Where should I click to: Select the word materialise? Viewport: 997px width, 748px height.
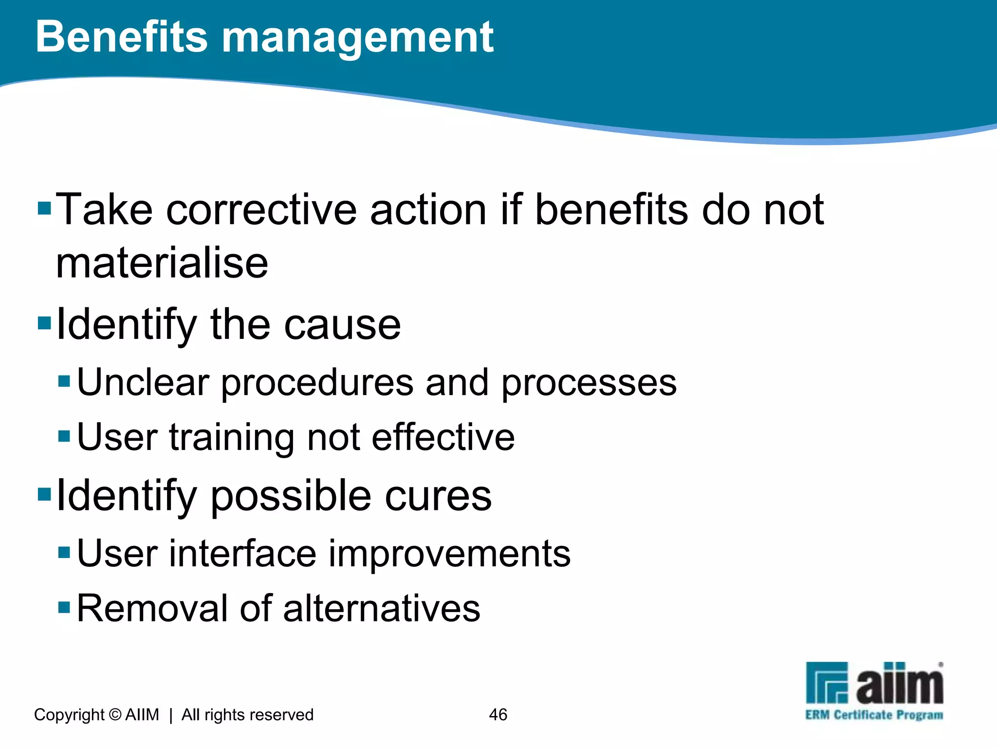coord(162,263)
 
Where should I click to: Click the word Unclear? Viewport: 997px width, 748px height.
coord(143,383)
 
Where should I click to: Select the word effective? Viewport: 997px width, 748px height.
coord(443,437)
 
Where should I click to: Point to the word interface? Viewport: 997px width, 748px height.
coord(242,554)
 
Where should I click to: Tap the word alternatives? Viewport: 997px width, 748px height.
coord(382,608)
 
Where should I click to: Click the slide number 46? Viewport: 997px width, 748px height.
coord(498,714)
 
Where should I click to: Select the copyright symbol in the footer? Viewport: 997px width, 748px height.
coord(115,714)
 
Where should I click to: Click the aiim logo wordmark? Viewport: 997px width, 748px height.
coord(900,683)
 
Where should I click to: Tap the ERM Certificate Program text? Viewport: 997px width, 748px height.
coord(874,715)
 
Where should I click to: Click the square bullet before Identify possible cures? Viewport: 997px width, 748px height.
coord(44,495)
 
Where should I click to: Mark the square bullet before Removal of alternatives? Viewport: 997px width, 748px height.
coord(64,607)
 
